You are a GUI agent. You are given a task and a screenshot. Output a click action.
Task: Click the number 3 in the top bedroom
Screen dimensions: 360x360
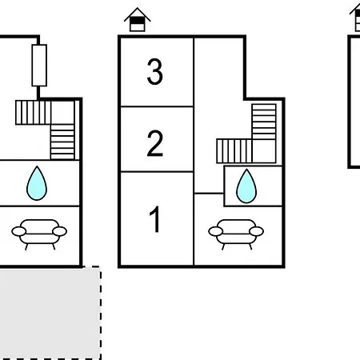pos(154,71)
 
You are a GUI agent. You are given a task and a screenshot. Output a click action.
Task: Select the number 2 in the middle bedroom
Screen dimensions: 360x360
pos(154,143)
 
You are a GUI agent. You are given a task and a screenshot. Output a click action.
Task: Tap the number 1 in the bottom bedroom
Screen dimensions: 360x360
pos(154,219)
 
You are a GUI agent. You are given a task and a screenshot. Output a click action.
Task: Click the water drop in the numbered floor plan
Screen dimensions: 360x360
pos(246,186)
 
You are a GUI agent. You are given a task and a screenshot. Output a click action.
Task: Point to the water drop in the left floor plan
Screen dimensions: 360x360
pos(37,183)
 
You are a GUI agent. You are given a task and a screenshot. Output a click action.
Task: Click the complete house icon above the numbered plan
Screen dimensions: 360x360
pos(137,20)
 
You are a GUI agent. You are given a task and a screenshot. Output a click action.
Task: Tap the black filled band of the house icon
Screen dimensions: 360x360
pos(137,21)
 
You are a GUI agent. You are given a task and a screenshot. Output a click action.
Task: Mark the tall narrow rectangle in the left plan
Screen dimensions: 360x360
pos(39,66)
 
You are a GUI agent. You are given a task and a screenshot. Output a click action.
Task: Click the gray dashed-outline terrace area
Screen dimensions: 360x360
pos(50,313)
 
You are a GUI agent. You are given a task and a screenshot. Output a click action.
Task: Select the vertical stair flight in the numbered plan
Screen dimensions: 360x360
pos(264,122)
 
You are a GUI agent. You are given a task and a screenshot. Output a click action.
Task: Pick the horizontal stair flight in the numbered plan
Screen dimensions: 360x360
pos(234,151)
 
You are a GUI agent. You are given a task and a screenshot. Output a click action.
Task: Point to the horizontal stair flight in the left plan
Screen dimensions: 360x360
pos(33,112)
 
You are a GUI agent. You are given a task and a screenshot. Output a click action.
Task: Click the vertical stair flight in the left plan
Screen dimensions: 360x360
pos(62,142)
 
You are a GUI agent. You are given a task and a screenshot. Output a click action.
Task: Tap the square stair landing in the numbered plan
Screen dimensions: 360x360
pos(264,151)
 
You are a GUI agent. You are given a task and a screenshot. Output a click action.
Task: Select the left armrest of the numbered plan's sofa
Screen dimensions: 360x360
pos(215,231)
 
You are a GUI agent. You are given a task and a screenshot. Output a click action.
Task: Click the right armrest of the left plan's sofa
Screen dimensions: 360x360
pos(60,231)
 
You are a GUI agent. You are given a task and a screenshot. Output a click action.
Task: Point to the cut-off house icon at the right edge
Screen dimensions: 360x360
pos(355,18)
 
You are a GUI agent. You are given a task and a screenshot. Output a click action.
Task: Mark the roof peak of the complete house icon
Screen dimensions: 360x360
pos(137,8)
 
